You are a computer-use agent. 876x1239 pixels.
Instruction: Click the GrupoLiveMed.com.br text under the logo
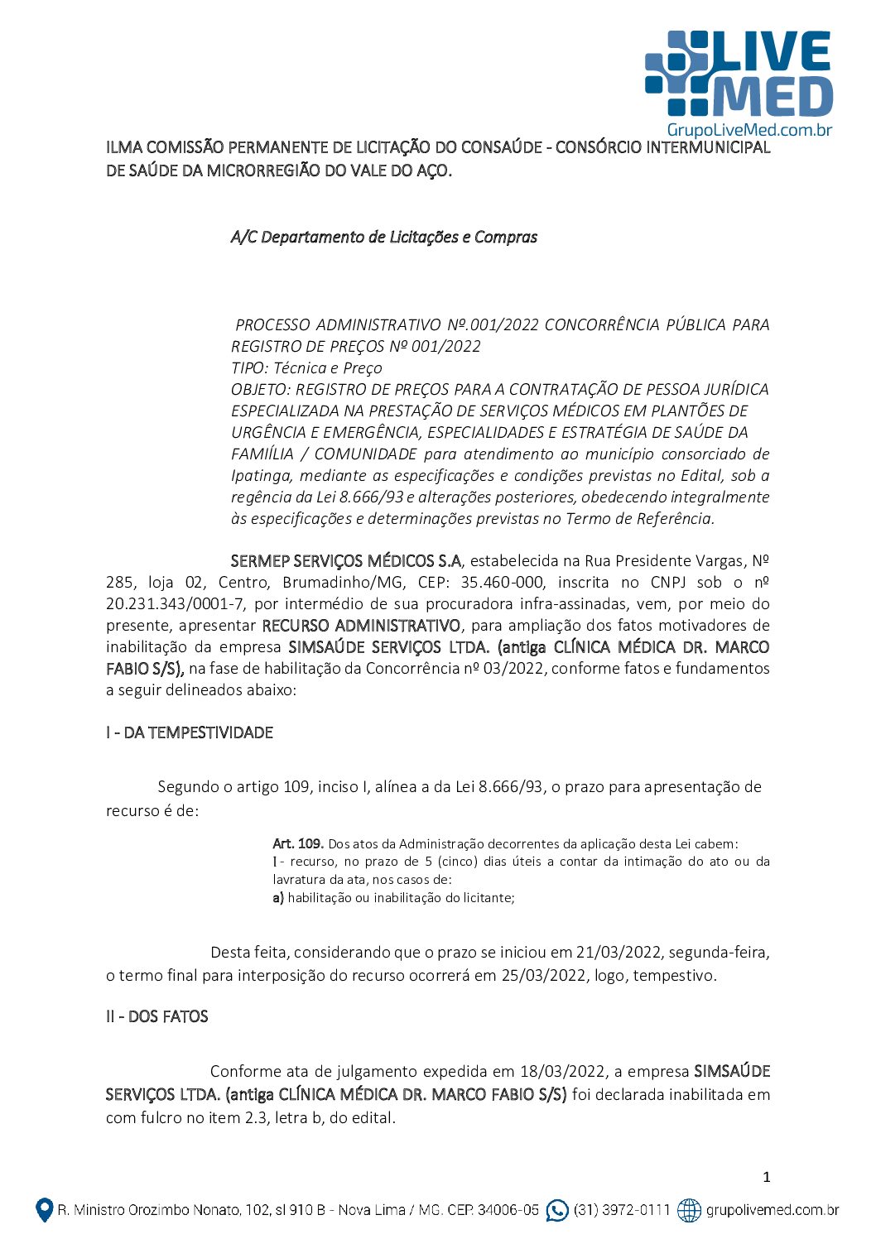point(748,130)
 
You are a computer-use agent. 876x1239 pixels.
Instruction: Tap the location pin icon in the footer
point(44,1210)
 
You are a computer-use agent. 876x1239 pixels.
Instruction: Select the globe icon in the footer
point(689,1210)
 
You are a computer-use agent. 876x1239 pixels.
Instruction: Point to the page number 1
point(766,1177)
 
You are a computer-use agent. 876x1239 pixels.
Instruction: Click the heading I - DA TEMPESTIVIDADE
point(190,732)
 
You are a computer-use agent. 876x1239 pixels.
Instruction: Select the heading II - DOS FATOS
point(157,1016)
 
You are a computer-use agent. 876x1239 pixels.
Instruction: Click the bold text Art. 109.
point(297,843)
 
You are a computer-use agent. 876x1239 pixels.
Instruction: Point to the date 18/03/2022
point(562,1071)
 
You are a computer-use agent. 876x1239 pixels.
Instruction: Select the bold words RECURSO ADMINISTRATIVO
point(361,626)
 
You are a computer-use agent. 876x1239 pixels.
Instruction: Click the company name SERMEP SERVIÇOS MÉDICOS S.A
point(346,561)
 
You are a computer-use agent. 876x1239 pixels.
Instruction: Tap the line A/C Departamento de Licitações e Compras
point(384,238)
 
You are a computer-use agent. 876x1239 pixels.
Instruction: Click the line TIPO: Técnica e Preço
point(306,368)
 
